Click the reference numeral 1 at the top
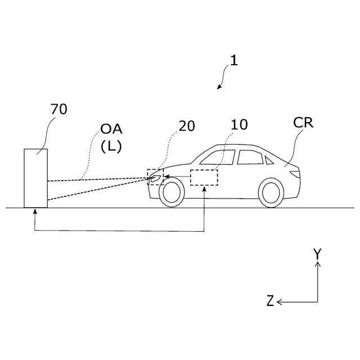[233, 61]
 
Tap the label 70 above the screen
[58, 109]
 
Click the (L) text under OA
[112, 146]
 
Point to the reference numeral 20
[187, 126]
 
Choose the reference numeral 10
[239, 125]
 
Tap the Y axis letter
[317, 254]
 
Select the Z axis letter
[271, 301]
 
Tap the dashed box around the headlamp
[155, 177]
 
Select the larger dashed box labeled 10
[204, 177]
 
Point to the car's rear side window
[250, 157]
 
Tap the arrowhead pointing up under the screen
[35, 211]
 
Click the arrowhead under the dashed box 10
[204, 189]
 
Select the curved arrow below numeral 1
[223, 78]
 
